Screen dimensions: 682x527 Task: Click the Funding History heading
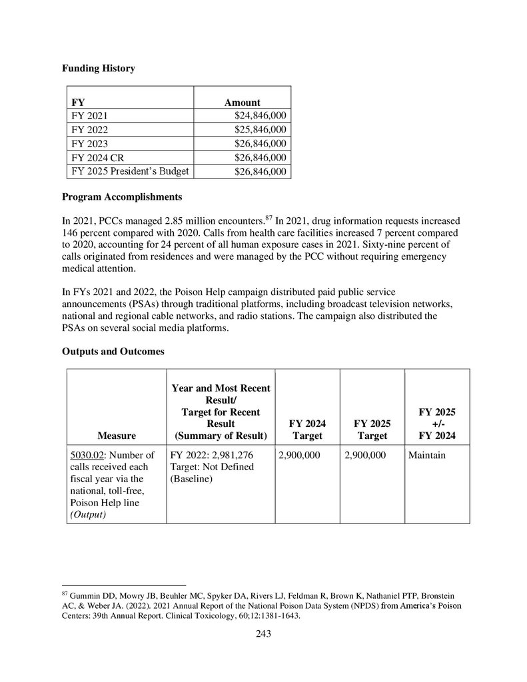tap(98, 68)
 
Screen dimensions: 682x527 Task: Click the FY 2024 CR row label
tap(97, 158)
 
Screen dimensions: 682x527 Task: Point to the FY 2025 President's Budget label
tap(130, 172)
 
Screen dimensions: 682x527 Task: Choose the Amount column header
tap(242, 103)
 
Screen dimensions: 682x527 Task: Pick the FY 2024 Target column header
tap(306, 429)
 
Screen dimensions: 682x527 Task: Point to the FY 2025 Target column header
tap(372, 429)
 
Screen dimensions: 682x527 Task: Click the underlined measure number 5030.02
tap(84, 456)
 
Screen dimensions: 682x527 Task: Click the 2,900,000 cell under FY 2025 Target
tap(364, 456)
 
